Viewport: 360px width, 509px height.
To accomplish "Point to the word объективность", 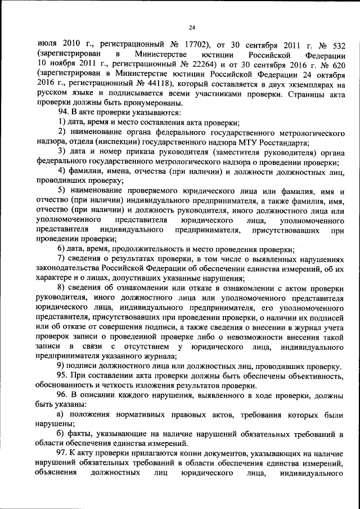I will click(312, 376).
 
